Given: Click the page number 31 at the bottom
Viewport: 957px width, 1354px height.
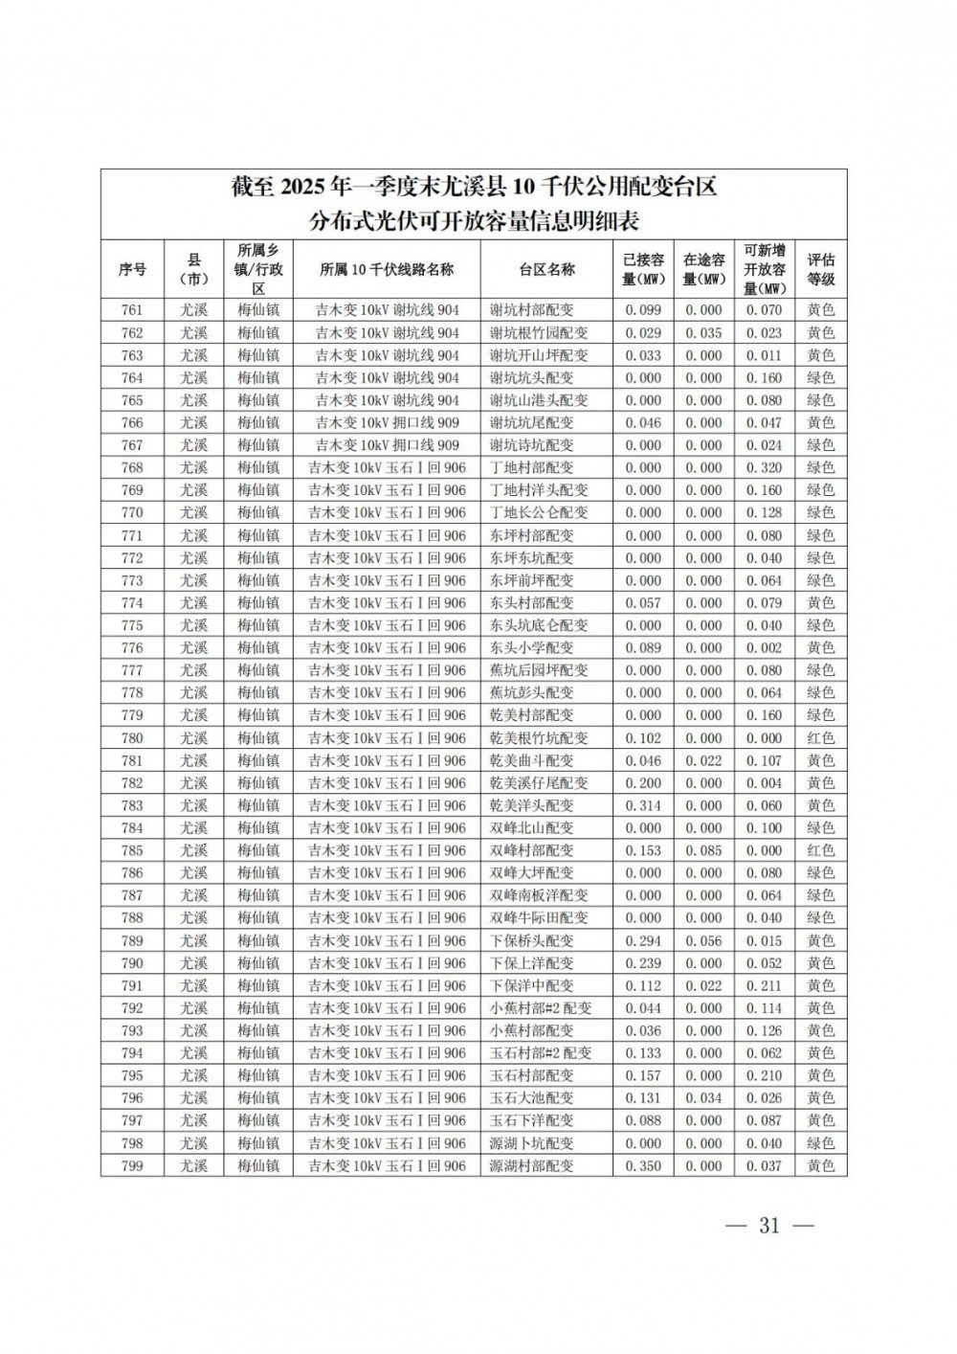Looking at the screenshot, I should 769,1226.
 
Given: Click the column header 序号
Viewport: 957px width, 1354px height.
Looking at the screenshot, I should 132,269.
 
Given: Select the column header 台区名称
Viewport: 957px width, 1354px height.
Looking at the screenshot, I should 546,269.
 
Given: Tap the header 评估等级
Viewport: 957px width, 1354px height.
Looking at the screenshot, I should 820,269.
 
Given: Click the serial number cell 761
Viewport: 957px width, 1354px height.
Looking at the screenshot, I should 132,310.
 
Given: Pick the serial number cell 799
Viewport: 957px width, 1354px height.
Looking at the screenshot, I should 132,1165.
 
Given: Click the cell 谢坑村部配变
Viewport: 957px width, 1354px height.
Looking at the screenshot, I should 531,310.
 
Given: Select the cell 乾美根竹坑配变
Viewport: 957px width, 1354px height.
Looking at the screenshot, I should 539,738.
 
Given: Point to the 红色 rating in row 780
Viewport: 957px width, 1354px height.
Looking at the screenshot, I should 820,738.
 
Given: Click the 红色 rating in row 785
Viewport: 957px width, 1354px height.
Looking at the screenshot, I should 820,850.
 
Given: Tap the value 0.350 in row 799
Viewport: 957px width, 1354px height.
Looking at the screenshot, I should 643,1165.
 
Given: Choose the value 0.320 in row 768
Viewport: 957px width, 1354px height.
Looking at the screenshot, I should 764,468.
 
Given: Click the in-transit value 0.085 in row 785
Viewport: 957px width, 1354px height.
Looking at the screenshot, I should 703,850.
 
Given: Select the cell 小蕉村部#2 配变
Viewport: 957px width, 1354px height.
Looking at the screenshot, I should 541,1008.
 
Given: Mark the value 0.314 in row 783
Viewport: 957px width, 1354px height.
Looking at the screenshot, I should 643,805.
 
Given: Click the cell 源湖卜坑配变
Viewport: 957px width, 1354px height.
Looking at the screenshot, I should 531,1143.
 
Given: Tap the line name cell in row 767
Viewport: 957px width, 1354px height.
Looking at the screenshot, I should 387,445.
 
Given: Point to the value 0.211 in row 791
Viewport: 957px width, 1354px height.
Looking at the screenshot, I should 764,985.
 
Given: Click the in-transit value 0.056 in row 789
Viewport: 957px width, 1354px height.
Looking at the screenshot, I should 703,940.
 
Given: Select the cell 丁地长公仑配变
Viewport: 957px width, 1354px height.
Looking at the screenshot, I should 539,513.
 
